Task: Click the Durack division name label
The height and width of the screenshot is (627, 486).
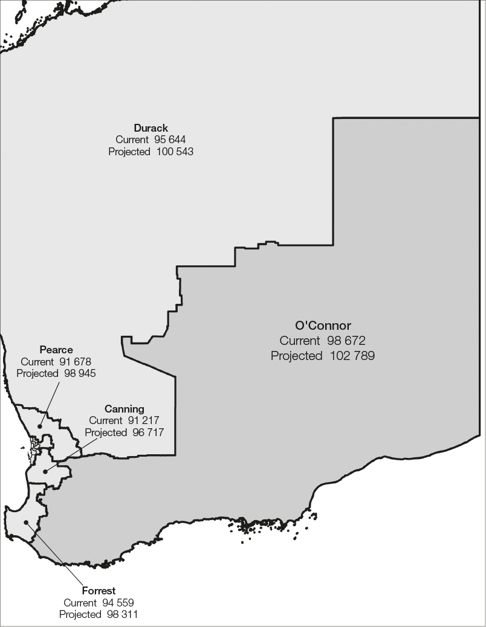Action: click(x=151, y=128)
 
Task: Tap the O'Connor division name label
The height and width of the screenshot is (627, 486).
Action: click(x=323, y=326)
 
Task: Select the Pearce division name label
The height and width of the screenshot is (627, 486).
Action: click(x=56, y=350)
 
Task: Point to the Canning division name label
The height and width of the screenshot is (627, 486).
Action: click(x=124, y=409)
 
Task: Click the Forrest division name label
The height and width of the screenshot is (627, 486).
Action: click(x=99, y=591)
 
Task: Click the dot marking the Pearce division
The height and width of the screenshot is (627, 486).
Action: click(x=40, y=426)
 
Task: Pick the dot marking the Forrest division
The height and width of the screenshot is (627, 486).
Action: click(x=26, y=522)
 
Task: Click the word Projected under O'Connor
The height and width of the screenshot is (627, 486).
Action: click(x=296, y=356)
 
